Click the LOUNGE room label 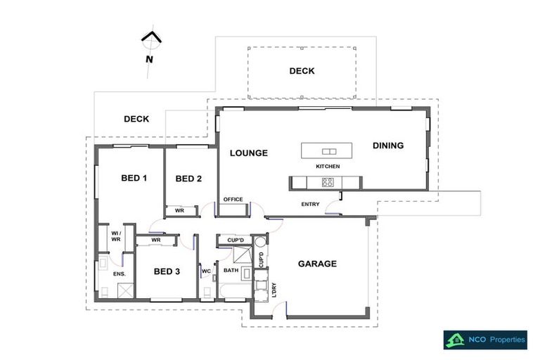[x=249, y=153]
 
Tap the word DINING [x=388, y=146]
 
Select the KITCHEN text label [x=328, y=167]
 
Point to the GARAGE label [x=317, y=264]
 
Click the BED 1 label [x=134, y=178]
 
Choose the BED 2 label [x=188, y=179]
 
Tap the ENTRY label [x=310, y=205]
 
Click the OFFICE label [x=233, y=200]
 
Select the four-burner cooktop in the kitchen [x=328, y=182]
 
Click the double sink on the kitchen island [x=328, y=151]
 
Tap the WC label [x=207, y=271]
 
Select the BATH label [x=231, y=271]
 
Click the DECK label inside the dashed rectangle [x=302, y=71]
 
